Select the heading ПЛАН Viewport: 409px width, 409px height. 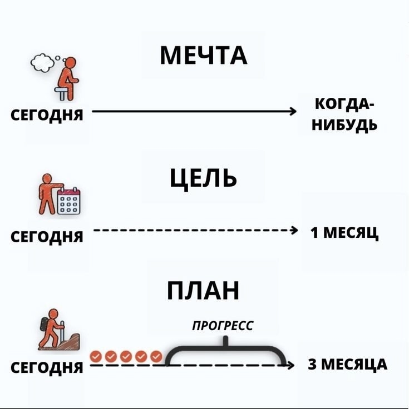click(204, 290)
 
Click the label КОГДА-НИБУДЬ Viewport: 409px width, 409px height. click(346, 114)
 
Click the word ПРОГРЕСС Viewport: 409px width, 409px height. click(223, 325)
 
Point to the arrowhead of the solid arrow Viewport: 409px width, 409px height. click(293, 112)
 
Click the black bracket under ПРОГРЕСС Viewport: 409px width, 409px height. click(225, 351)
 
